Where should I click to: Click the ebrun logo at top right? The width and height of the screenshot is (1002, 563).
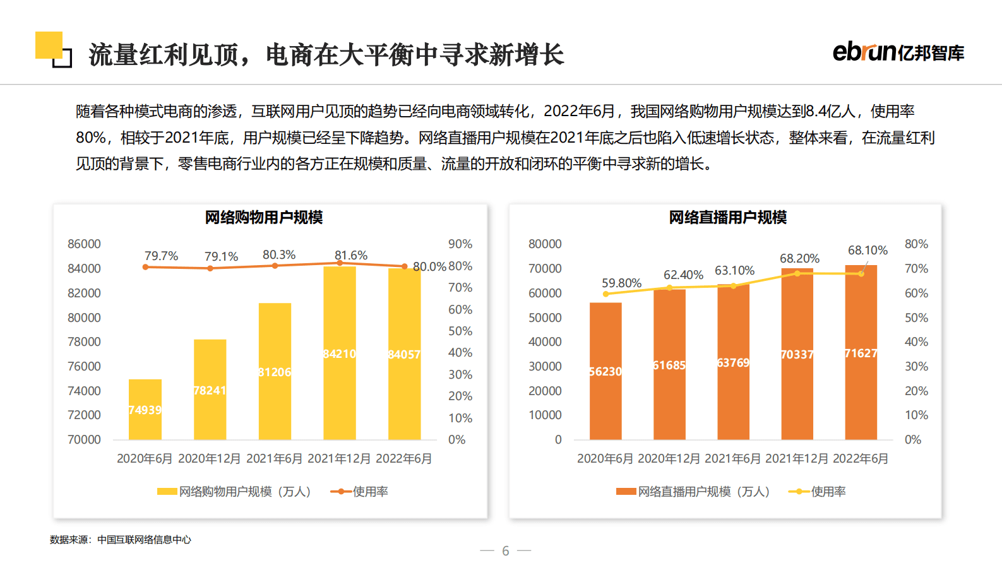tap(898, 52)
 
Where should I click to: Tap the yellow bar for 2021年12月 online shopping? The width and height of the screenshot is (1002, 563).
tap(340, 353)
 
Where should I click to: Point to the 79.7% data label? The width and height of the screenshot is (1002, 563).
tap(161, 256)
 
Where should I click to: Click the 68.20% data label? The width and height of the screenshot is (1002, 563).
tap(799, 258)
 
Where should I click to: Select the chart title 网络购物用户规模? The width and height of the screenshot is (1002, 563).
tap(264, 218)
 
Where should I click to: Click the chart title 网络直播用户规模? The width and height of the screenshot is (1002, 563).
tap(727, 218)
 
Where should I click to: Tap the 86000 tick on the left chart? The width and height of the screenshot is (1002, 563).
tap(84, 244)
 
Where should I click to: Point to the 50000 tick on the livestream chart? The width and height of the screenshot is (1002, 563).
tap(545, 317)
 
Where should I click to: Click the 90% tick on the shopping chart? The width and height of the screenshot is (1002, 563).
tap(460, 244)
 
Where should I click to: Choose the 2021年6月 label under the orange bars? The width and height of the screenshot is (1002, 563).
tap(732, 459)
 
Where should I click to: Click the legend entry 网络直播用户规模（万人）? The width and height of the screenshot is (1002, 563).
tap(693, 492)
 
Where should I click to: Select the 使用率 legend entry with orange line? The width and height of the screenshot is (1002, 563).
tap(360, 492)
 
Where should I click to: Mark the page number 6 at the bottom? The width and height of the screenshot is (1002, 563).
tap(505, 551)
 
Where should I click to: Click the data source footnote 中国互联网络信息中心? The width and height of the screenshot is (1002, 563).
tap(144, 540)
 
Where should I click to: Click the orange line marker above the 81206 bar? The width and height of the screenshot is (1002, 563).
tap(275, 266)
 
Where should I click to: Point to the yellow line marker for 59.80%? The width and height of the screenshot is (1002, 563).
tap(606, 294)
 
